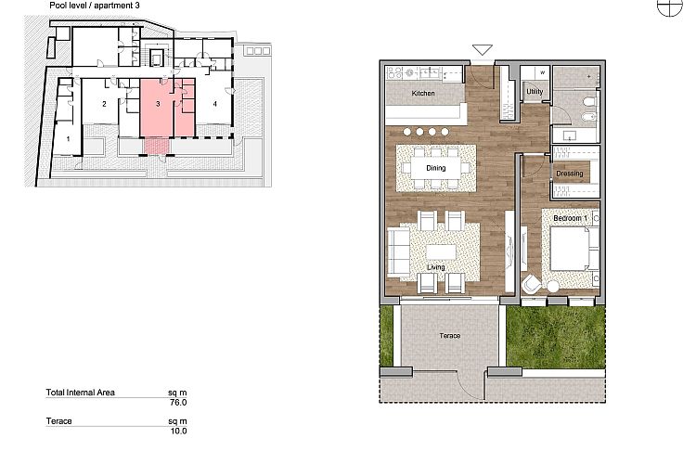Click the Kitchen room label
click(423, 93)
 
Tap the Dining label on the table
click(436, 168)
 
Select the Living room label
click(436, 267)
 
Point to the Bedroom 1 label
click(571, 218)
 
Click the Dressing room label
click(570, 174)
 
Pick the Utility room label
click(535, 92)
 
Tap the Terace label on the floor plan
click(450, 336)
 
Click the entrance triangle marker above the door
click(482, 50)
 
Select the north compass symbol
click(669, 6)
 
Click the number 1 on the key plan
click(68, 139)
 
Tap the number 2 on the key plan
click(104, 104)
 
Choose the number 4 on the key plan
click(215, 104)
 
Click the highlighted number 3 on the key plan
click(158, 104)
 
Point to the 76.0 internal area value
click(178, 403)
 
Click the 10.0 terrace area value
click(178, 431)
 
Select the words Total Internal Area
click(81, 393)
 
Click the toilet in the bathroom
click(589, 104)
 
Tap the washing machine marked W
click(542, 72)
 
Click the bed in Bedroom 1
click(574, 249)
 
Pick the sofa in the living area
click(398, 251)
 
